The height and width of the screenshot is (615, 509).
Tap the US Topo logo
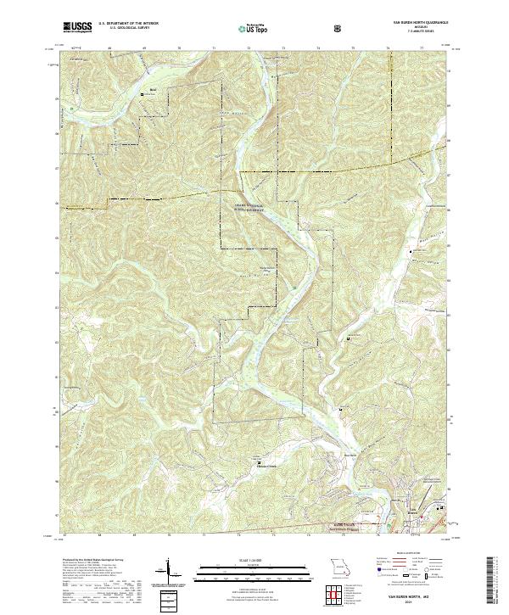(252, 28)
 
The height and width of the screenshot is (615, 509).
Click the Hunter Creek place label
(266, 465)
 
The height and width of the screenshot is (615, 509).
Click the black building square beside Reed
(143, 94)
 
